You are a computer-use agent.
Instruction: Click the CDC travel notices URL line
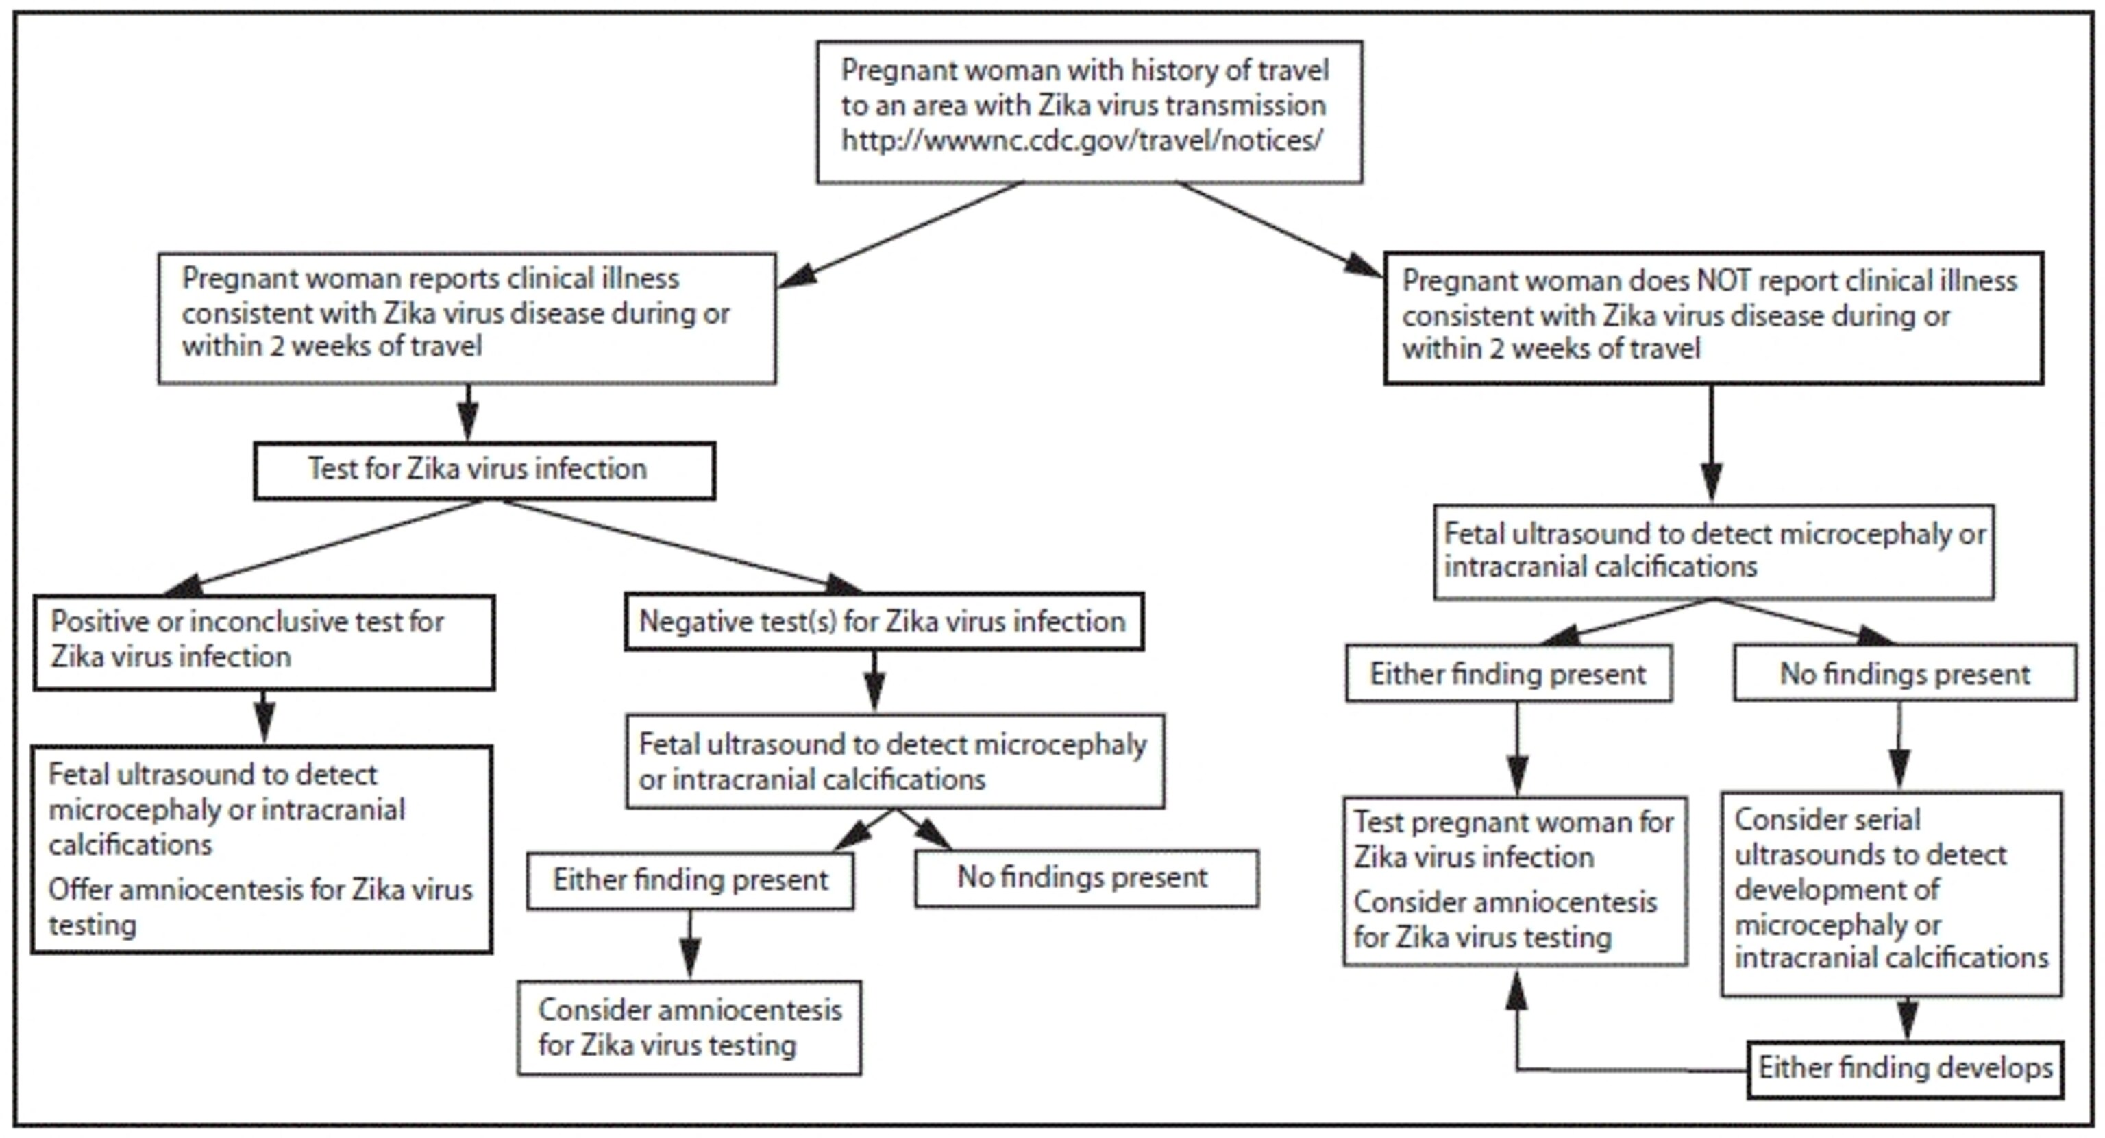pos(1081,141)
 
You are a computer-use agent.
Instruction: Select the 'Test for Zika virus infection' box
pos(484,471)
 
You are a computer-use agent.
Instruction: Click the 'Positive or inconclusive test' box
pos(263,642)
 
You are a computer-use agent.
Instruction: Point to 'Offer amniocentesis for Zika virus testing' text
pos(260,908)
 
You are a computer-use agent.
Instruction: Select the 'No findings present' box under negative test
pos(1086,878)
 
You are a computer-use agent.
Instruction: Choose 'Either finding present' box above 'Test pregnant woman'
pos(1507,674)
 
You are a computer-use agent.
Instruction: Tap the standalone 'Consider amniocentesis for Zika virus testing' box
pos(689,1028)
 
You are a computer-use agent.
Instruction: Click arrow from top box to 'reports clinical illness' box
pos(899,237)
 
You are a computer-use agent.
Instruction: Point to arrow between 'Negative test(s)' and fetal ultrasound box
pos(874,680)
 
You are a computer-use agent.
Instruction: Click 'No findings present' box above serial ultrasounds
pos(1904,674)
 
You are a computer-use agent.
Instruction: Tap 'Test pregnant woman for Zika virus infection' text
pos(1514,840)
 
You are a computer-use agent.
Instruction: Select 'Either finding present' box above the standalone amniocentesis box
pos(690,880)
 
